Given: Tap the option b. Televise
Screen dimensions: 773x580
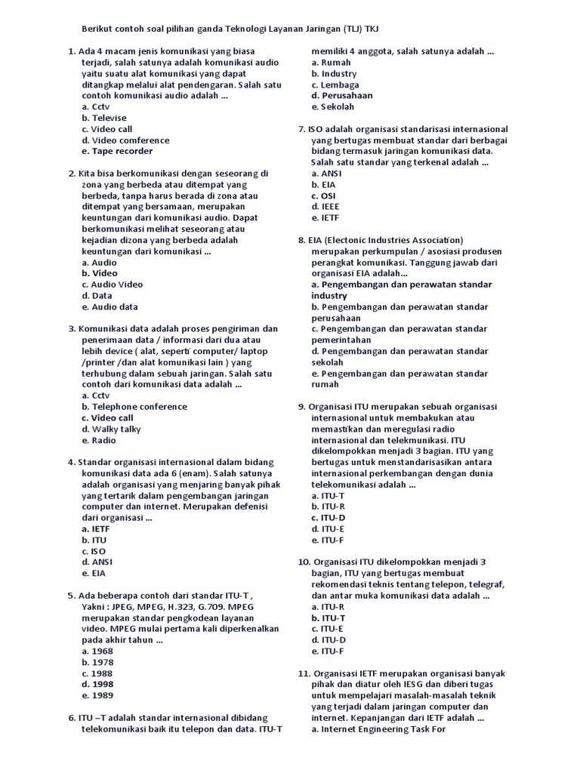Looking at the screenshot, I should click(x=104, y=118).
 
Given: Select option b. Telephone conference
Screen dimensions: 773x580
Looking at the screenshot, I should click(x=134, y=407).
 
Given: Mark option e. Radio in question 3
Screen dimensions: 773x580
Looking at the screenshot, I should click(x=99, y=440).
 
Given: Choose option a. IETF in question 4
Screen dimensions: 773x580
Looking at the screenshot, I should click(x=97, y=529).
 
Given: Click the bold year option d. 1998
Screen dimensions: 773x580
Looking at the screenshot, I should click(x=97, y=684).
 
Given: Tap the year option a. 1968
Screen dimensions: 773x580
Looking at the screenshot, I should click(x=97, y=651).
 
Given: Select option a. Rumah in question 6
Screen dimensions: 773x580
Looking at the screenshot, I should click(x=331, y=63).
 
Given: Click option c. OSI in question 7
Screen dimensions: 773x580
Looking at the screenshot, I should click(x=325, y=196).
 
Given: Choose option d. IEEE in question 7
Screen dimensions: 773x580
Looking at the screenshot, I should click(x=325, y=206).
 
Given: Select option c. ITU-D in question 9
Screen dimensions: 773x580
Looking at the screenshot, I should click(x=329, y=518).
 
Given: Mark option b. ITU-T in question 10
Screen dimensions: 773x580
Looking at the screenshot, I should click(x=329, y=617).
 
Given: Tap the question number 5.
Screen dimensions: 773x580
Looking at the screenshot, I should click(x=71, y=595).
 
